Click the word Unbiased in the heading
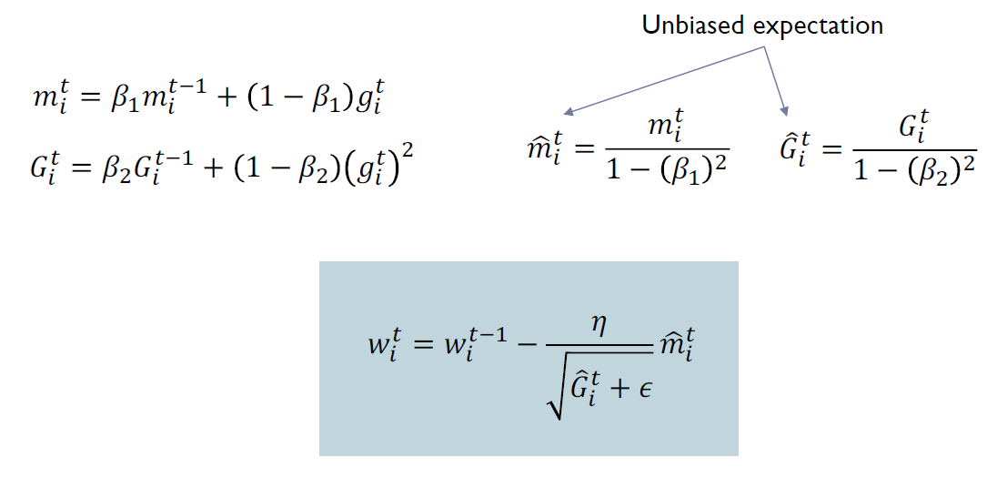point(690,25)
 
